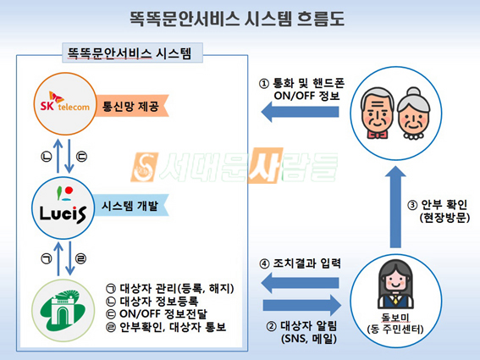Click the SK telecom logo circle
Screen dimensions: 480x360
(64, 103)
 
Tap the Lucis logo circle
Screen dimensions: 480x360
(63, 208)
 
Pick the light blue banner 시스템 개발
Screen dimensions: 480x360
(131, 206)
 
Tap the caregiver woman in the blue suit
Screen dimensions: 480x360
(395, 284)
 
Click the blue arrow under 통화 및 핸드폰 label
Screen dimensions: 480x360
(300, 112)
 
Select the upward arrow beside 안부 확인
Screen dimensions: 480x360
(395, 207)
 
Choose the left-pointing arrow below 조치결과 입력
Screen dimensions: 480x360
(300, 282)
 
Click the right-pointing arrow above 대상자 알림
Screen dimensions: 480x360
(302, 306)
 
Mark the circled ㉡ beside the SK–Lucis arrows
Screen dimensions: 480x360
(47, 157)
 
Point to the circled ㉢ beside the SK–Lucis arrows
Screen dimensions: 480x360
(81, 157)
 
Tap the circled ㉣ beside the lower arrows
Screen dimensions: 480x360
(80, 259)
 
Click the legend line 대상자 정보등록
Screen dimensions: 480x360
(152, 302)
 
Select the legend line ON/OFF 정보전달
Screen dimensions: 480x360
(157, 313)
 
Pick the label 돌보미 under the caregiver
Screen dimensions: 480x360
(395, 318)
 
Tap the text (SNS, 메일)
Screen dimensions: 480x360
(309, 339)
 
